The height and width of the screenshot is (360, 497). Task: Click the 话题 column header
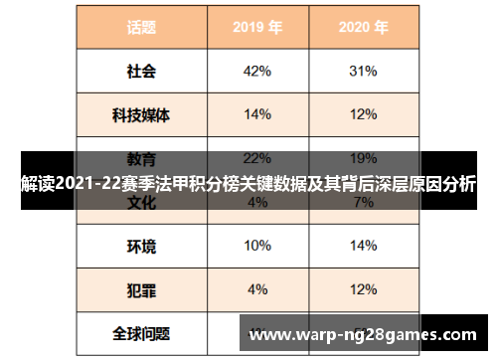(x=140, y=28)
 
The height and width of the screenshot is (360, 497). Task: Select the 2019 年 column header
(x=256, y=28)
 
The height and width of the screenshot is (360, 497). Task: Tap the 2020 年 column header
(x=363, y=28)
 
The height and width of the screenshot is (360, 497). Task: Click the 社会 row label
(x=140, y=72)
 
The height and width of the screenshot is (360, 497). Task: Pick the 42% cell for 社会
(x=256, y=72)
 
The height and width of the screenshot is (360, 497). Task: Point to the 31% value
(x=363, y=72)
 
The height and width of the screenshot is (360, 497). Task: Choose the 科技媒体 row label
(x=140, y=115)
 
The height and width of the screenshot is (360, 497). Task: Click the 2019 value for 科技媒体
(x=256, y=115)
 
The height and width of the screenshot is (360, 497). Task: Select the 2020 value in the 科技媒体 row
(x=363, y=115)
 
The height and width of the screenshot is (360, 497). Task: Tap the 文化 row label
(x=140, y=203)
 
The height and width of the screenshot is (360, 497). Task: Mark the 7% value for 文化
(x=363, y=203)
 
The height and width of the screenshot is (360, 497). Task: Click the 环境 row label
(x=140, y=246)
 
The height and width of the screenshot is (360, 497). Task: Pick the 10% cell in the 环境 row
(x=256, y=246)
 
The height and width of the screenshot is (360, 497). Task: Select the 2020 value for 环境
(x=363, y=246)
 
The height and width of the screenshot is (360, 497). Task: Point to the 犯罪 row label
(x=140, y=289)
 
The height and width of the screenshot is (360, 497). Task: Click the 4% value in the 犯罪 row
(x=256, y=289)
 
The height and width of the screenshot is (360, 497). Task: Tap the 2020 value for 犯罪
(x=363, y=289)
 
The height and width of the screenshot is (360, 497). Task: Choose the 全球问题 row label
(x=140, y=333)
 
